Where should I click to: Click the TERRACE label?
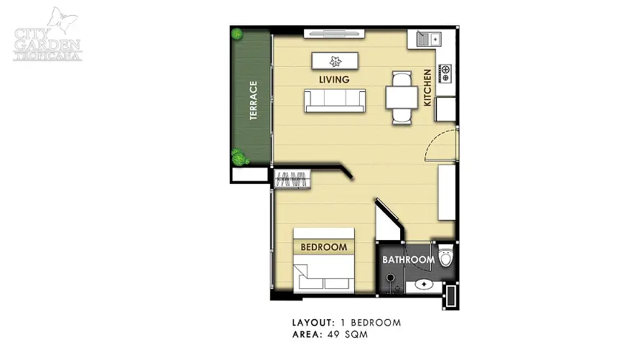[254, 101]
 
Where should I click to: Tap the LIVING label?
[334, 80]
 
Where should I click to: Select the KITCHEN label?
[427, 88]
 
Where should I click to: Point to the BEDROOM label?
[324, 247]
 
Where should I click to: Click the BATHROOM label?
[409, 259]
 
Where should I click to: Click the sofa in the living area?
[335, 101]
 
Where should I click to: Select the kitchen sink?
[428, 40]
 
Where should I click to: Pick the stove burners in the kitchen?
[445, 73]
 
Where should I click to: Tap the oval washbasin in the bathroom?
[424, 284]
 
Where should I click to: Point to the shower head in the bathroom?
[390, 278]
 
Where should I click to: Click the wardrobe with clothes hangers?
[292, 179]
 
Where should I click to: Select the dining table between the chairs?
[402, 98]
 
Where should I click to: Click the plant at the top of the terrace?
[236, 33]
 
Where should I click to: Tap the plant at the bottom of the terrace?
[239, 157]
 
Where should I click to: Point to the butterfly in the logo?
[63, 19]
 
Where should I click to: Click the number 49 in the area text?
[333, 334]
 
